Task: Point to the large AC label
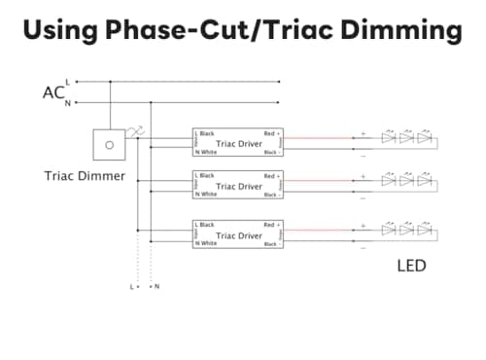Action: (x=53, y=92)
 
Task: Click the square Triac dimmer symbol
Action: (x=108, y=145)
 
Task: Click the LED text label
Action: (x=411, y=264)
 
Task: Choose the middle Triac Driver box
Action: (x=238, y=186)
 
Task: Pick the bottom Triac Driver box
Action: (x=238, y=234)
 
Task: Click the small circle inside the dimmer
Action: (x=108, y=145)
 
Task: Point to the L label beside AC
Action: (x=67, y=82)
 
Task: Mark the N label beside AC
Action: (x=67, y=102)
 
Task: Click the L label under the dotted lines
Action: (x=131, y=287)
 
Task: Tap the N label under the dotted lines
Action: (x=156, y=287)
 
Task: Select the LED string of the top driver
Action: (x=406, y=138)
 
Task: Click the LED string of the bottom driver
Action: (x=406, y=229)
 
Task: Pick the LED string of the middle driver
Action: (x=406, y=180)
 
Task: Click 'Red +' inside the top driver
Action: (x=271, y=134)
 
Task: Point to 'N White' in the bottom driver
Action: (x=205, y=243)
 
